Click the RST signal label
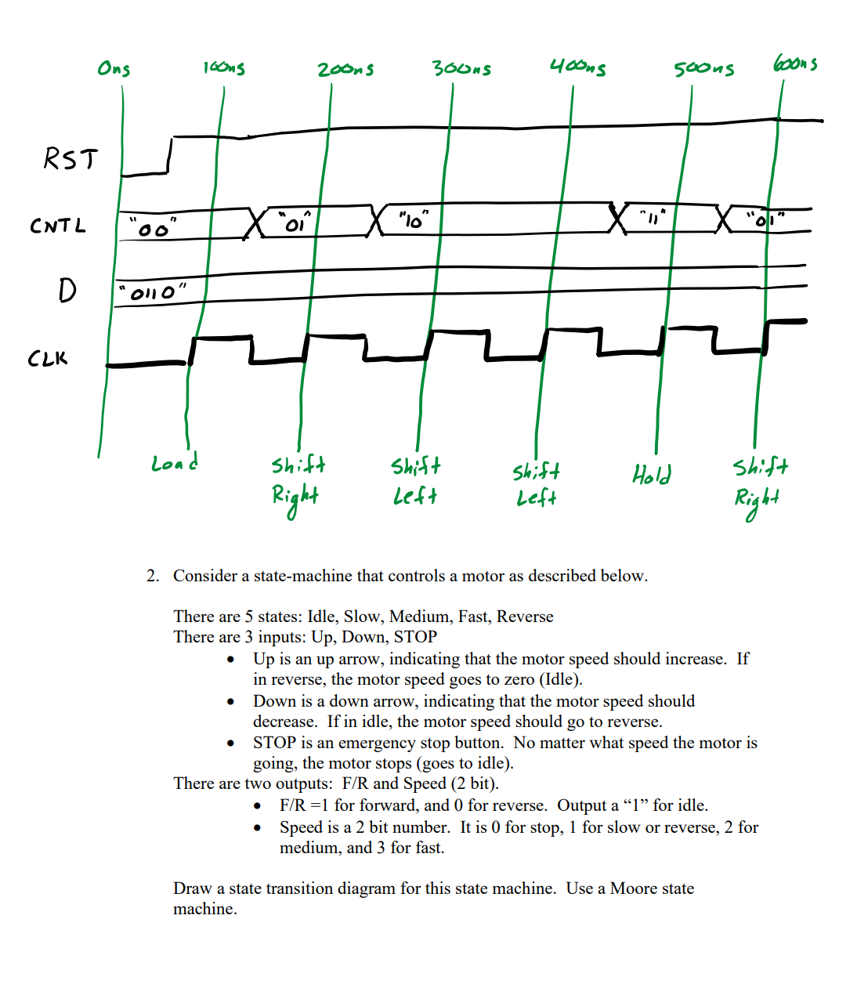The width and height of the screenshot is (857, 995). click(71, 158)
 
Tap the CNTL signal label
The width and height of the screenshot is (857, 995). click(57, 226)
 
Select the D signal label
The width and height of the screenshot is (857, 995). click(67, 291)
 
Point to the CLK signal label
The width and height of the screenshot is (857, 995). click(48, 359)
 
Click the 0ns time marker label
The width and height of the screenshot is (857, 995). click(114, 69)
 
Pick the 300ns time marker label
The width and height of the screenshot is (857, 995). click(461, 68)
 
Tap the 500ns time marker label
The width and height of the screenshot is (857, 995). click(703, 69)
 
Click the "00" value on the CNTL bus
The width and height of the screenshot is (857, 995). click(154, 229)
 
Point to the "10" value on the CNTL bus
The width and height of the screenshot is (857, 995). click(412, 222)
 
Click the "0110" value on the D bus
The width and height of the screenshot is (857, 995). click(152, 293)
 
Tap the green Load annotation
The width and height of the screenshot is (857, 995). click(174, 463)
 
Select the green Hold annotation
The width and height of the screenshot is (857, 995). click(652, 474)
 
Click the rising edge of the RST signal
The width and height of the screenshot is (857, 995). click(170, 155)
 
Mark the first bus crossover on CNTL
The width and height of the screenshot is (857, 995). click(255, 223)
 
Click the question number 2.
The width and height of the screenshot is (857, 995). click(152, 576)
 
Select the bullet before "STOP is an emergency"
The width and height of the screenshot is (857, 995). click(230, 744)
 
